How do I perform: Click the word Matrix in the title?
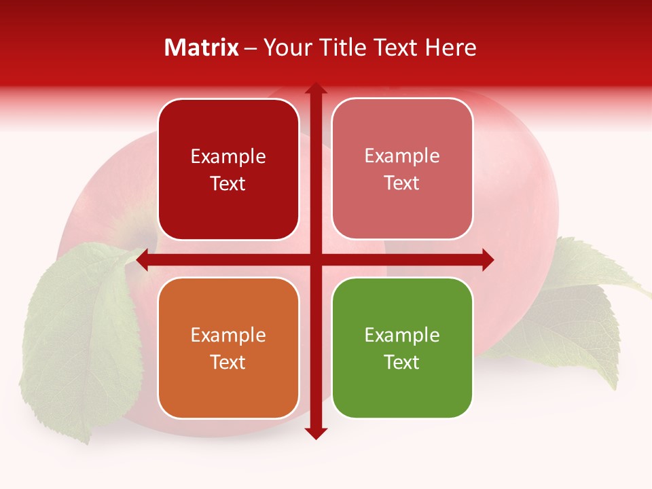[202, 48]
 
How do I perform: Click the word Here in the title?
[451, 48]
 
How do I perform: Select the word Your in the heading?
[285, 48]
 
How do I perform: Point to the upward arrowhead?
[316, 88]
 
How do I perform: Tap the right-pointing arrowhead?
[488, 260]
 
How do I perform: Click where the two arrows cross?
[316, 260]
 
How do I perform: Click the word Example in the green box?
[402, 335]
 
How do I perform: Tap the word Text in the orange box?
[228, 362]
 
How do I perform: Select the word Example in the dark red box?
[228, 156]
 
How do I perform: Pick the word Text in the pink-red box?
[402, 183]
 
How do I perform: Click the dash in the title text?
[251, 48]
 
